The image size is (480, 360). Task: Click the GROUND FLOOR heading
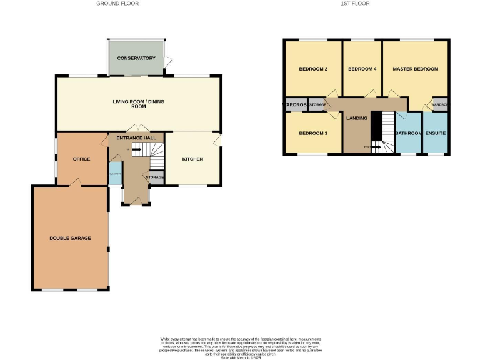[x=117, y=4]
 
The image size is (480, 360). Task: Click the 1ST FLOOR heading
[x=355, y=4]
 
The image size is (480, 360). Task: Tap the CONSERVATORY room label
[x=136, y=58]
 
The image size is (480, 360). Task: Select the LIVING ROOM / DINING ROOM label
[x=138, y=104]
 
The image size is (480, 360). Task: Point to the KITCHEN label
[x=192, y=159]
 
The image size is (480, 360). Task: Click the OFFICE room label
[x=81, y=159]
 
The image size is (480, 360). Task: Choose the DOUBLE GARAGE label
[x=71, y=238]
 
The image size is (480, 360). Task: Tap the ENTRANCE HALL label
[x=136, y=137]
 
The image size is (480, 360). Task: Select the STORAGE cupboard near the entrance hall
[x=155, y=177]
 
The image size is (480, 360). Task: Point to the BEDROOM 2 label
[x=313, y=69]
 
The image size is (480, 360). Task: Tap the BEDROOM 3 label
[x=313, y=133]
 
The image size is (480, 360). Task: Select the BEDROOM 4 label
[x=362, y=69]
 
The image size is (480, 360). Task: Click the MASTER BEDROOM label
[x=415, y=69]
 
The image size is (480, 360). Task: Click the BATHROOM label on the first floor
[x=409, y=133]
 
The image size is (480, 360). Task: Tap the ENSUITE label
[x=436, y=133]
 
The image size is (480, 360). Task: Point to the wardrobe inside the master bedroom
[x=440, y=104]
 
